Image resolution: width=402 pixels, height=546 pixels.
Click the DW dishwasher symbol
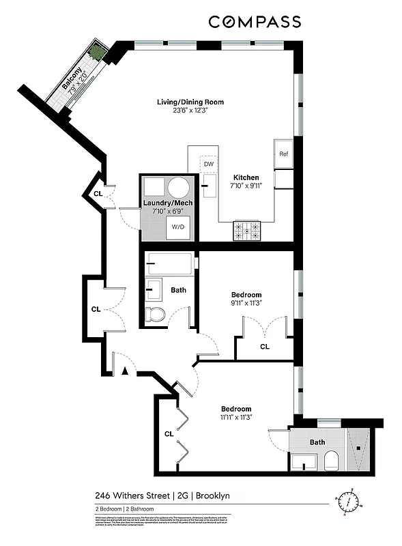pyautogui.click(x=208, y=164)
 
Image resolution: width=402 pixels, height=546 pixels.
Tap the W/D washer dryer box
pyautogui.click(x=177, y=227)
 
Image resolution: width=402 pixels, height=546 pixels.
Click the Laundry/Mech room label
pyautogui.click(x=167, y=203)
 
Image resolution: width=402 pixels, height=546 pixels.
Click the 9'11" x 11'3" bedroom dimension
pyautogui.click(x=246, y=304)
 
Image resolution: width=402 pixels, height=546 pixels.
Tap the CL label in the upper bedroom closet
pyautogui.click(x=264, y=347)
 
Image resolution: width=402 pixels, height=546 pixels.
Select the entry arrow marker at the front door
pyautogui.click(x=125, y=371)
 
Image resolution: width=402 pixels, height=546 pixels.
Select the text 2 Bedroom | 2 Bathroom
pyautogui.click(x=124, y=509)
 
